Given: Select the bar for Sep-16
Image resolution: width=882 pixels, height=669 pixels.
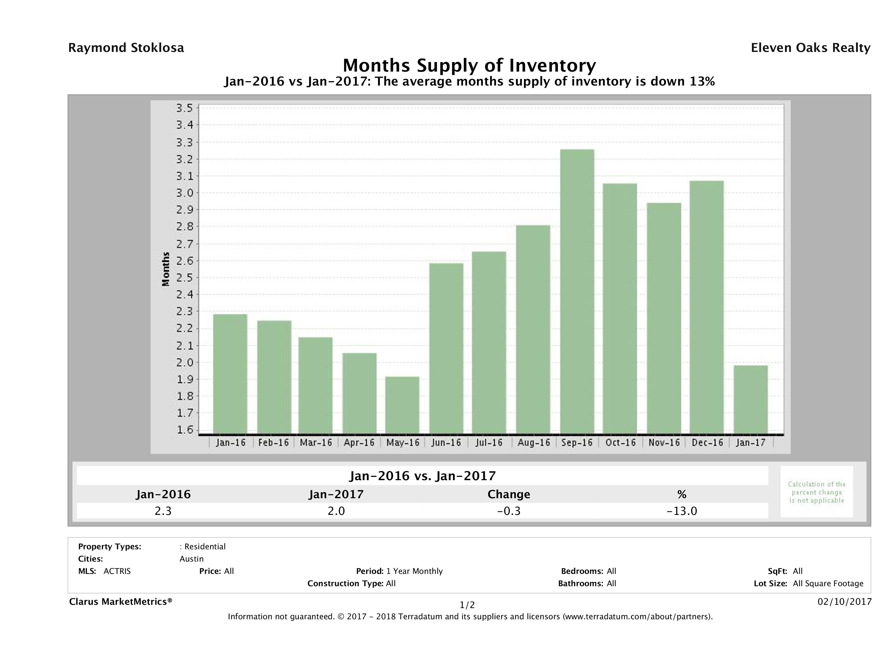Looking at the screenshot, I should point(577,291).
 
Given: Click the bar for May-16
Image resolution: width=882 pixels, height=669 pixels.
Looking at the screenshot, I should point(402,405).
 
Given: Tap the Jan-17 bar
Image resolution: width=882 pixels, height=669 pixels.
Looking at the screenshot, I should point(751,400).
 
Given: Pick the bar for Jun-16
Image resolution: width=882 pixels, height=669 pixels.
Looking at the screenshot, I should point(446,348).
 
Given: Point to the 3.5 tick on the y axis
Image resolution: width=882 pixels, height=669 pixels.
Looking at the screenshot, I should point(184,108).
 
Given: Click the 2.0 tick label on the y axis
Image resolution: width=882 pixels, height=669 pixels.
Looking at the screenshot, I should point(184,362).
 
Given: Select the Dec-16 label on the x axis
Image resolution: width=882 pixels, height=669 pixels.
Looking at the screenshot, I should point(707,442).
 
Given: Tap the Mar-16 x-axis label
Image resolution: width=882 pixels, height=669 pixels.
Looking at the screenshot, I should point(316,442).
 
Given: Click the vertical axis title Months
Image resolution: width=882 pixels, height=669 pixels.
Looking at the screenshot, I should point(166,269).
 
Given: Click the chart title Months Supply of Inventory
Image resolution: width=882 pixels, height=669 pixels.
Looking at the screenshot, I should point(469,65).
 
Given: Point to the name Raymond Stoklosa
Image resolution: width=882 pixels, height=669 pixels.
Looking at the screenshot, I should point(126,48).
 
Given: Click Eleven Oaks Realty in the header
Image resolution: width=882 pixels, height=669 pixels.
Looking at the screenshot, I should point(810,48).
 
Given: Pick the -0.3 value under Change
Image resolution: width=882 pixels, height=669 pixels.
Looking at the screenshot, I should point(509,511).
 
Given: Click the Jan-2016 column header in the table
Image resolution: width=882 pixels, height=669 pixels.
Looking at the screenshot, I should point(163,494).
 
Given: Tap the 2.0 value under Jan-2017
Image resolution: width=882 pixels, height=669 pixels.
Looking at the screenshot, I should point(336,511).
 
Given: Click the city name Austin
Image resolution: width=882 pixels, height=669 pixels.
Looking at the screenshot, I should point(191,559).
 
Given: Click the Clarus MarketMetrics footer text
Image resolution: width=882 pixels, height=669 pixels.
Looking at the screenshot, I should point(121,601).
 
